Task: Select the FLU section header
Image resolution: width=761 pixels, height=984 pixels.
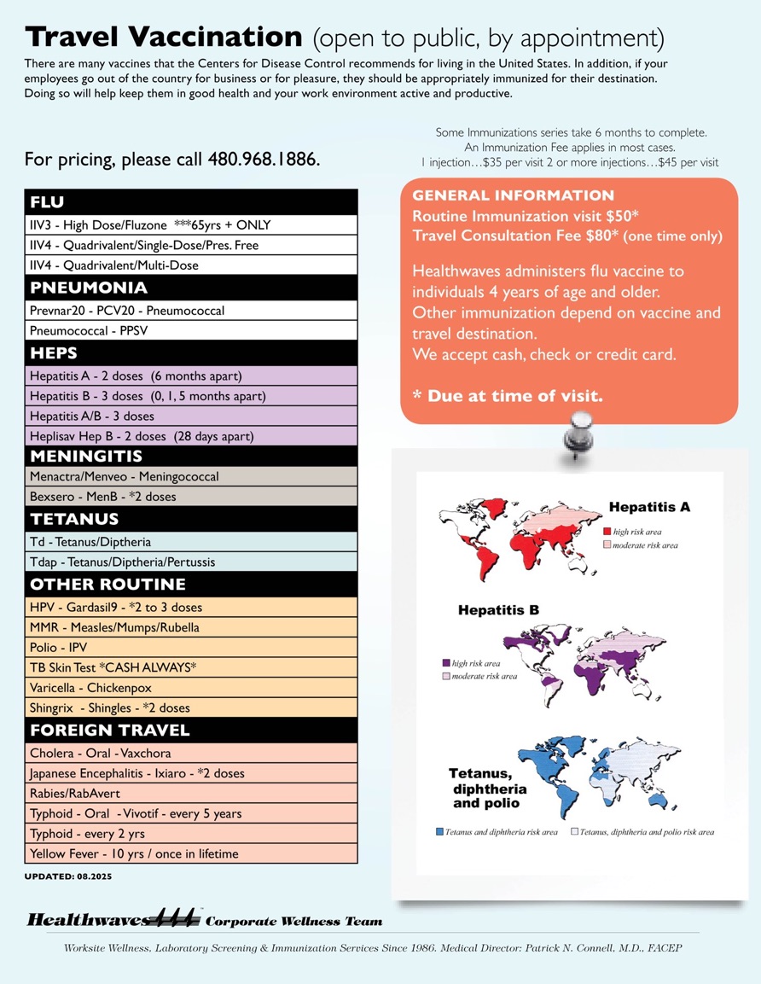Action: point(48,202)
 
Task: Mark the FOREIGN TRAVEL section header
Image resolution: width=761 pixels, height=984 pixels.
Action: point(110,731)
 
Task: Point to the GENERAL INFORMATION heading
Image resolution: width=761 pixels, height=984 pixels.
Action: point(513,196)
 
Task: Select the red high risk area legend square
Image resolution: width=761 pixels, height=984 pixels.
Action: point(607,531)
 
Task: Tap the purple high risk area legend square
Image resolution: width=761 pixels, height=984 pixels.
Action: point(445,663)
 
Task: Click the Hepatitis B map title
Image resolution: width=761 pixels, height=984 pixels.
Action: point(498,610)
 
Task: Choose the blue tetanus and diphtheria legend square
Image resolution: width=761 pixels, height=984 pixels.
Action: point(439,831)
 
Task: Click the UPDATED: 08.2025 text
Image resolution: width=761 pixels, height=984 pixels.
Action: point(68,876)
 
